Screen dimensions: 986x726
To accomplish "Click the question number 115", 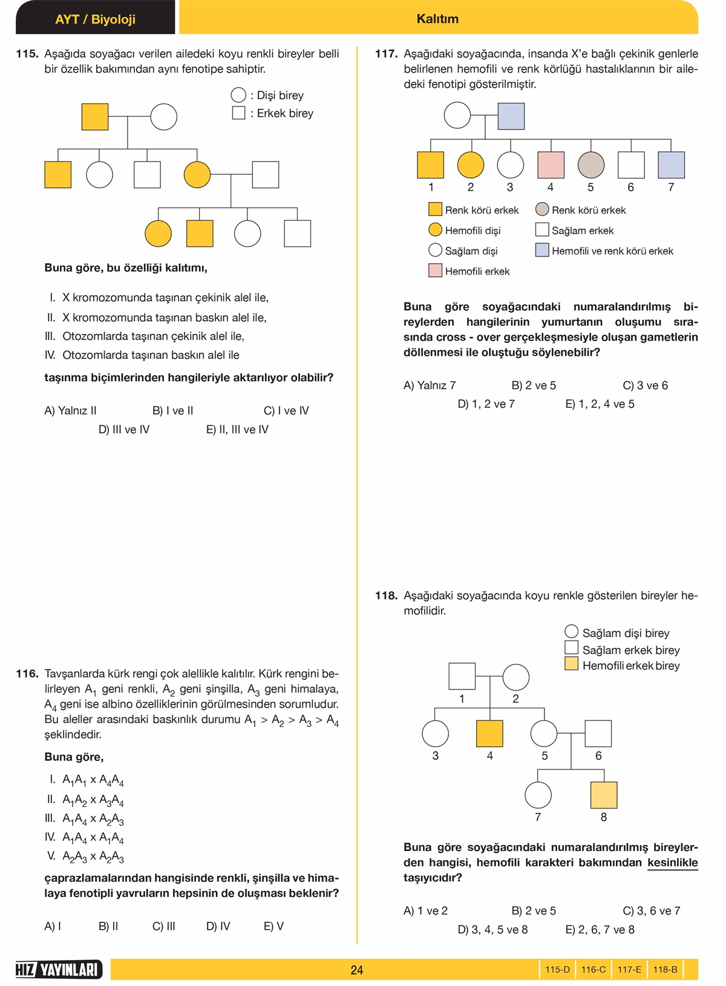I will click(27, 54).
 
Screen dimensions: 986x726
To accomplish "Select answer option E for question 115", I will click(237, 429).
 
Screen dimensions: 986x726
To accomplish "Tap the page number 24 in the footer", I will click(357, 970).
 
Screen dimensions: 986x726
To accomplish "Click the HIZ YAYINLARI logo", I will click(59, 969).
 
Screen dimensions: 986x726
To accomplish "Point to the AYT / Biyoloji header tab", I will click(95, 19).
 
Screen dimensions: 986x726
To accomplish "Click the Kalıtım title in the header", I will click(437, 19).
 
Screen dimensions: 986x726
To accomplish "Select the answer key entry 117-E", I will click(629, 969).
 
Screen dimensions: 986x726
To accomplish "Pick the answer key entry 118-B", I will click(665, 969).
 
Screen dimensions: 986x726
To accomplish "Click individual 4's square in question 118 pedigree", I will click(489, 733).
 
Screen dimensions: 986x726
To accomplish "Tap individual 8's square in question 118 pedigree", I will click(604, 795).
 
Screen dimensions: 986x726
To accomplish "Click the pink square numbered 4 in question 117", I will click(551, 165).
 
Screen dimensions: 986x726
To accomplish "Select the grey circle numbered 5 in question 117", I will click(591, 165).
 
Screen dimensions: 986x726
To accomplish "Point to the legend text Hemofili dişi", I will click(473, 230).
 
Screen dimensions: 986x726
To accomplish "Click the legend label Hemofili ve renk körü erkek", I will click(612, 251).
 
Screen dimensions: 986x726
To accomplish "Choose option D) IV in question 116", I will click(218, 926).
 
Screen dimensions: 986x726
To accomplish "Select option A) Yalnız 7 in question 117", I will click(430, 385).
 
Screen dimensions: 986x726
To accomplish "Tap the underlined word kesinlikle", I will click(672, 863).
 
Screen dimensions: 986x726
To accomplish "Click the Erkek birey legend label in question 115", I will click(284, 113).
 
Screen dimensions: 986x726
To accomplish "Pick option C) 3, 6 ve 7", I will click(651, 910).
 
